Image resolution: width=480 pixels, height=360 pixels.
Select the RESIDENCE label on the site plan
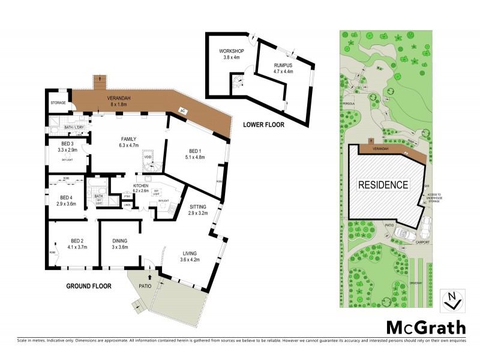click(x=384, y=185)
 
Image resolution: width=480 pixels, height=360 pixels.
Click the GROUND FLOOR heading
click(x=89, y=286)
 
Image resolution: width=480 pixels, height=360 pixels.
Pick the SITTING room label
click(x=197, y=206)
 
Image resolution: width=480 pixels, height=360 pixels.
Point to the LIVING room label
click(x=189, y=254)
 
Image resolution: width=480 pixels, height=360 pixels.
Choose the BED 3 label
click(x=67, y=143)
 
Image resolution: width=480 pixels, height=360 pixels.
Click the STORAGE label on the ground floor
click(x=58, y=103)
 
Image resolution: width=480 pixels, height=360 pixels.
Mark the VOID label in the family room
click(x=148, y=158)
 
